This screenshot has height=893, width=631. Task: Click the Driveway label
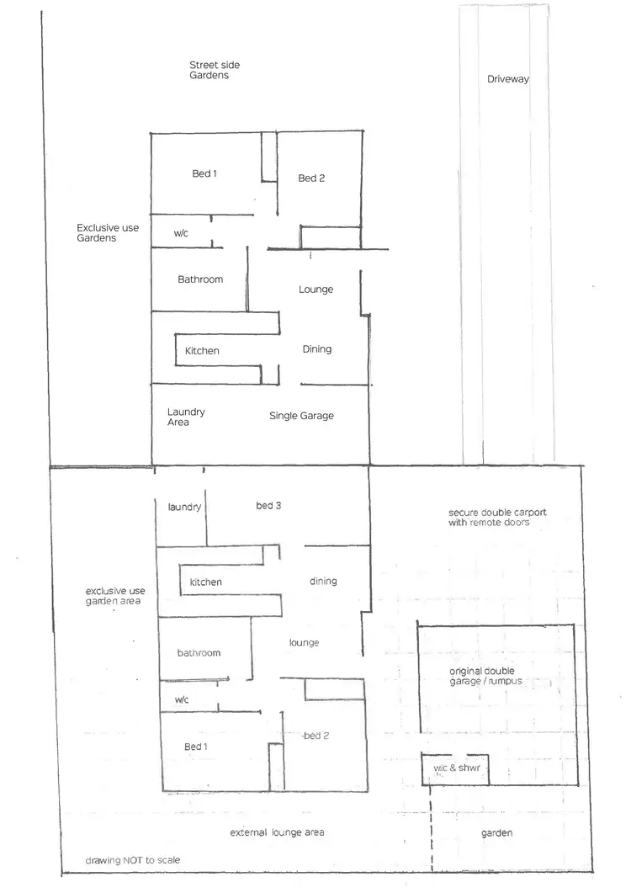pyautogui.click(x=507, y=80)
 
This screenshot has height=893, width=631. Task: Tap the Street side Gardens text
pyautogui.click(x=209, y=70)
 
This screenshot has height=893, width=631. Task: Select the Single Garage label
pyautogui.click(x=301, y=416)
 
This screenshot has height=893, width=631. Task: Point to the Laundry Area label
pyautogui.click(x=185, y=417)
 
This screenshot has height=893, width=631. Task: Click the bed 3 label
pyautogui.click(x=268, y=506)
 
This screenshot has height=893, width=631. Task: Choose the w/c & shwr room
pyautogui.click(x=453, y=769)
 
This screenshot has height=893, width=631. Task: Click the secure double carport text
pyautogui.click(x=489, y=517)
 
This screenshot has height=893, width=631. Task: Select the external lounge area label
pyautogui.click(x=277, y=832)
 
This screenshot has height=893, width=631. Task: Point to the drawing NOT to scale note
pyautogui.click(x=132, y=861)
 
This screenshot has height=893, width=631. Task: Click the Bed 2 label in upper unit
pyautogui.click(x=311, y=178)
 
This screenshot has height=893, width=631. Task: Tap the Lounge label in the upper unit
pyautogui.click(x=315, y=290)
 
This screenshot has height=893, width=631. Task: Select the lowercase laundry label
pyautogui.click(x=184, y=507)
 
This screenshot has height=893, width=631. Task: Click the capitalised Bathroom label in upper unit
pyautogui.click(x=200, y=279)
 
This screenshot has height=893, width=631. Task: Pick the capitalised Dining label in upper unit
pyautogui.click(x=317, y=349)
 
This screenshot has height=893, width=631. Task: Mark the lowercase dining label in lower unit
pyautogui.click(x=323, y=581)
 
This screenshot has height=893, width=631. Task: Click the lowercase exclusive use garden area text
pyautogui.click(x=114, y=596)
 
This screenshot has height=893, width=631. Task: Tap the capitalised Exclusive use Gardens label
pyautogui.click(x=108, y=232)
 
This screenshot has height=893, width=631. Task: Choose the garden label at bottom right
pyautogui.click(x=496, y=832)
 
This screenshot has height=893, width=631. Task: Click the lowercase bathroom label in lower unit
pyautogui.click(x=199, y=653)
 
